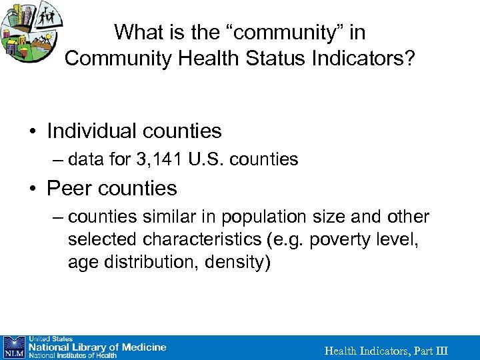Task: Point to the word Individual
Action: pyautogui.click(x=93, y=131)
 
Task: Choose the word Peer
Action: pyautogui.click(x=67, y=189)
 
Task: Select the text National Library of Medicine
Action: pyautogui.click(x=96, y=347)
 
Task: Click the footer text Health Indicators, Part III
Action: pyautogui.click(x=386, y=351)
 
